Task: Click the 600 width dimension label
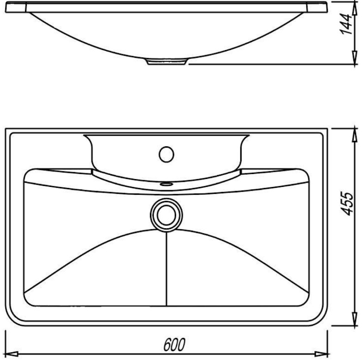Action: tap(174, 345)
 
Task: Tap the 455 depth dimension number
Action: tap(347, 204)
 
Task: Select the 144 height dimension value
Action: tap(346, 24)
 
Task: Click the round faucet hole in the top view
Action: tap(166, 154)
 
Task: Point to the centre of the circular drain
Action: tap(166, 215)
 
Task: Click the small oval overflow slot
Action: tap(166, 184)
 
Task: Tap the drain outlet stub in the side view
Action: tap(166, 62)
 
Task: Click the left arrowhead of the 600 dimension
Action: tap(12, 354)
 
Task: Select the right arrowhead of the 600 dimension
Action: tap(321, 354)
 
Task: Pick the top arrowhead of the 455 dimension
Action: tap(354, 135)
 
